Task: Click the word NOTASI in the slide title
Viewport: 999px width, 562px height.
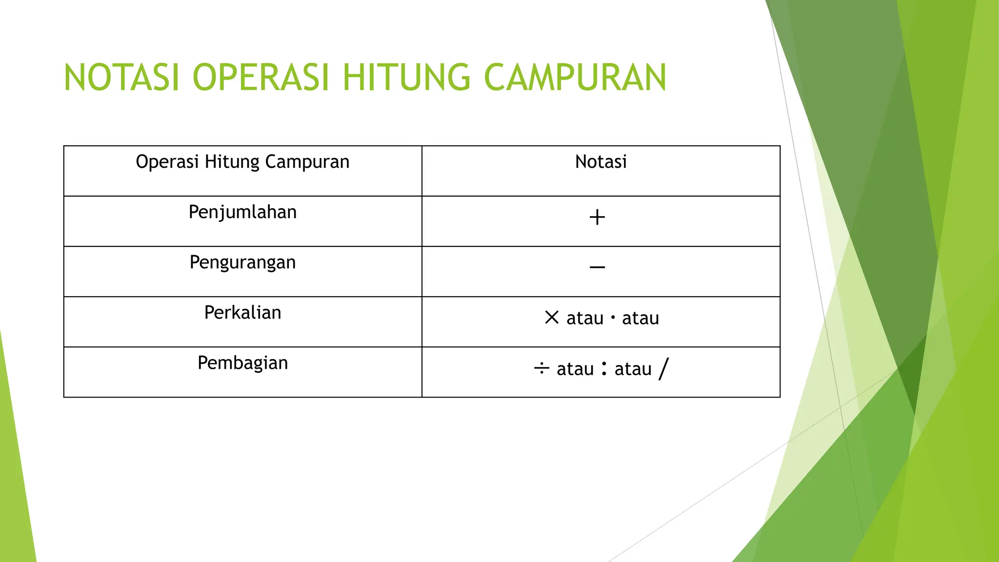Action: [122, 78]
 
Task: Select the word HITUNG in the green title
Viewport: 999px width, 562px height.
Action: [406, 78]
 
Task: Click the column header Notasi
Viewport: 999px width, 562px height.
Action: [600, 162]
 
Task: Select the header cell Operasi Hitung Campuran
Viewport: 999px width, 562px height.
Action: [242, 162]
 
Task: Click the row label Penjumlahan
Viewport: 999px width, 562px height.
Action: [242, 213]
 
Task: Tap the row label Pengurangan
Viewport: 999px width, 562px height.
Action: [242, 263]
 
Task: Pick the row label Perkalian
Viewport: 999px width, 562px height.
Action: [242, 313]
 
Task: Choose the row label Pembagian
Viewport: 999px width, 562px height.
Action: [242, 363]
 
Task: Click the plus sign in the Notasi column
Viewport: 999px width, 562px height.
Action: [597, 217]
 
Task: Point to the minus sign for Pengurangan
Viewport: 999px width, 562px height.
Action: [597, 267]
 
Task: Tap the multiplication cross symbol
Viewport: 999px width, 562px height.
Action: [552, 318]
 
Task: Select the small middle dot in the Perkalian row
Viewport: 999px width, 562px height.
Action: [613, 318]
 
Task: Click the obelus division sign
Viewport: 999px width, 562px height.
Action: [541, 368]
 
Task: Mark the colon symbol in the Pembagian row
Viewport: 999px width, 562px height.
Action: [604, 368]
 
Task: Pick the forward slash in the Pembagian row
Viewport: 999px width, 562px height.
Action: [663, 368]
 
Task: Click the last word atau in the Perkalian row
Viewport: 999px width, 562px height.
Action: [640, 319]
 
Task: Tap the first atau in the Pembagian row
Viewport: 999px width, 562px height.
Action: [575, 369]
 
